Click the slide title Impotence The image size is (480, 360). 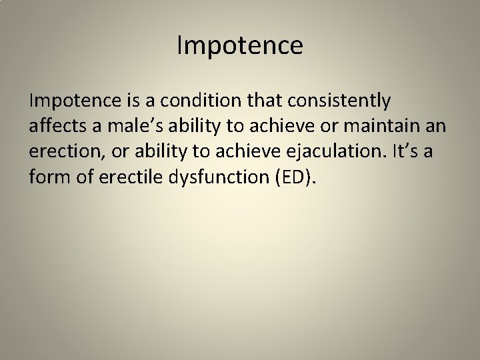coord(240,46)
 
